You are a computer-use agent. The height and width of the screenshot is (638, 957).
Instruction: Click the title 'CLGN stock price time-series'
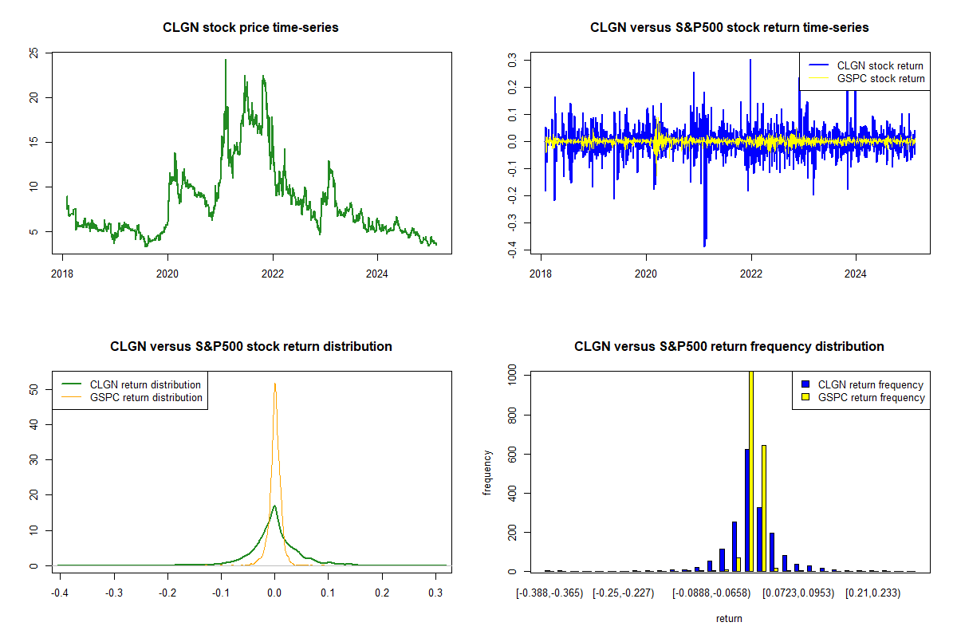pyautogui.click(x=250, y=28)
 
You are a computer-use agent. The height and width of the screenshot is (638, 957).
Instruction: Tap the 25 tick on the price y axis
pyautogui.click(x=33, y=53)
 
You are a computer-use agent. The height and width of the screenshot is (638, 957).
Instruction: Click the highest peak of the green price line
pyautogui.click(x=225, y=60)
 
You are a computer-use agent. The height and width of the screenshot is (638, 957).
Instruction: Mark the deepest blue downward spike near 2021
pyautogui.click(x=704, y=246)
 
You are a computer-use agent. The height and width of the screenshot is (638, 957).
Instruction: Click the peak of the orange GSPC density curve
pyautogui.click(x=275, y=384)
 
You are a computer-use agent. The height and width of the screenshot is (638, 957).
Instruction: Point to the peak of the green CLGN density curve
pyautogui.click(x=274, y=506)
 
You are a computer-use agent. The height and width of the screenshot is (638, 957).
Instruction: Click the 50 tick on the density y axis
pyautogui.click(x=33, y=390)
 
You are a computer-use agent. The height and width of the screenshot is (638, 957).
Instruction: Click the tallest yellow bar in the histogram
pyautogui.click(x=751, y=471)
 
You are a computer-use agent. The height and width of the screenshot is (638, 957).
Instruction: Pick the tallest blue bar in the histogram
pyautogui.click(x=746, y=510)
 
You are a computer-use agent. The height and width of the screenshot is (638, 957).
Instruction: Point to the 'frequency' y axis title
pyautogui.click(x=488, y=473)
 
